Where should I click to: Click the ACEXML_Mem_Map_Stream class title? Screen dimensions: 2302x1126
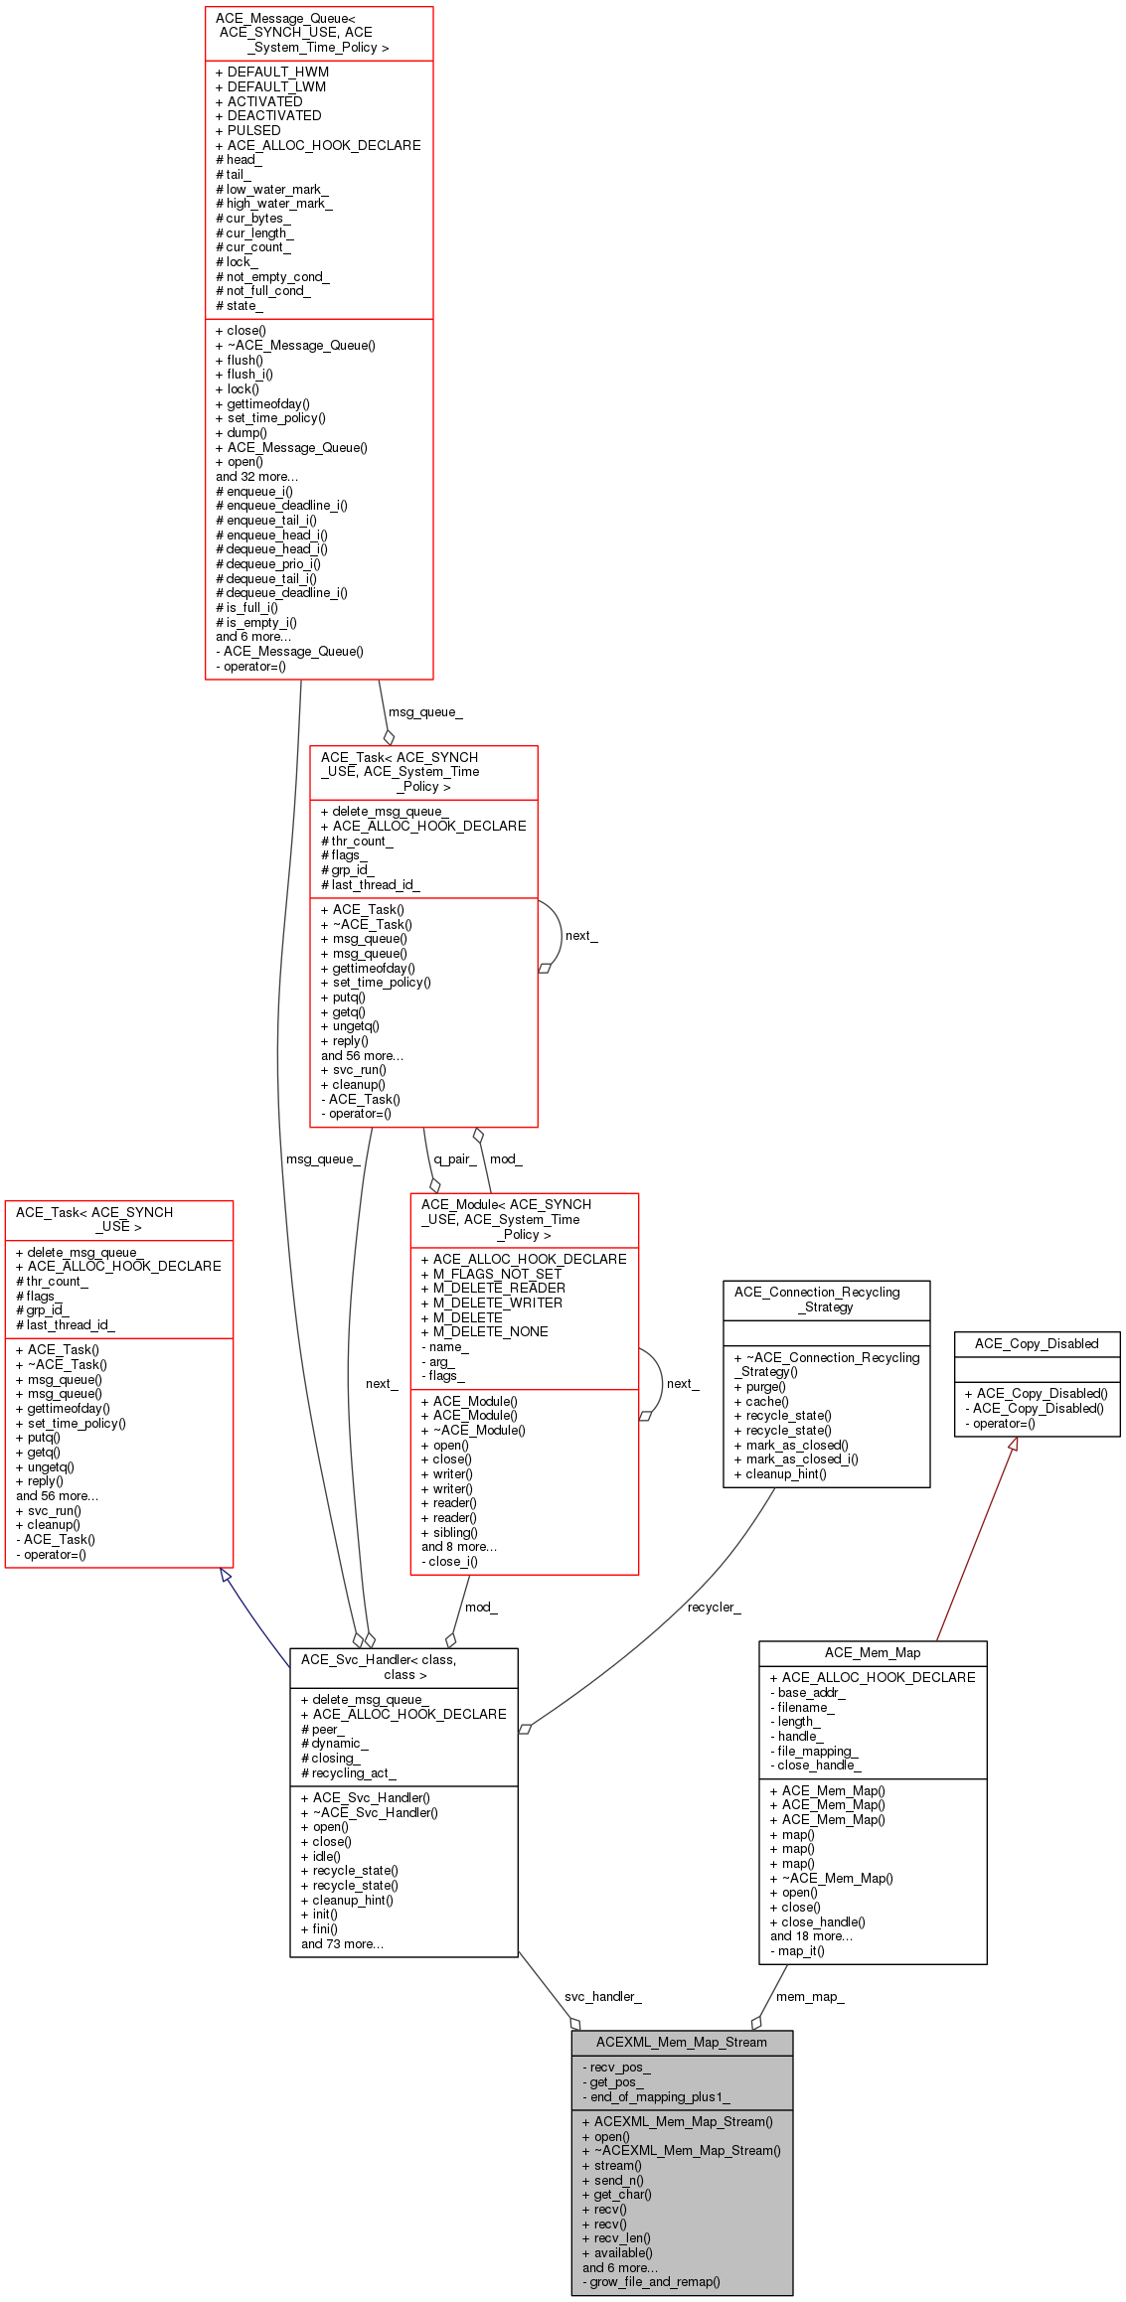pos(682,2042)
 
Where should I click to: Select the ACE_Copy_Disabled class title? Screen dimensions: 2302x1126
pos(1037,1343)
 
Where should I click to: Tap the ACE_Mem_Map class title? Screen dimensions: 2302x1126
pos(873,1652)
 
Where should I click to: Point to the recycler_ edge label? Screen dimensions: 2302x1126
pos(714,1607)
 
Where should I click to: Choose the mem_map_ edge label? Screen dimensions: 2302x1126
pos(810,1996)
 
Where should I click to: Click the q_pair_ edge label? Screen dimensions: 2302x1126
pos(454,1158)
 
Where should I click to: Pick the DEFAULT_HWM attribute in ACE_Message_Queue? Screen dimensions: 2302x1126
pos(277,72)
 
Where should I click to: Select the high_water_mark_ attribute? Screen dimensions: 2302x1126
pos(278,203)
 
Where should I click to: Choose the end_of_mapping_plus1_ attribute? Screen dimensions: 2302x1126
pos(660,2096)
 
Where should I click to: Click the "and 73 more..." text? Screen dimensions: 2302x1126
pos(342,1943)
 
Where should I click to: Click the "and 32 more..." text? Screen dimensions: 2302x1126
pos(256,476)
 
